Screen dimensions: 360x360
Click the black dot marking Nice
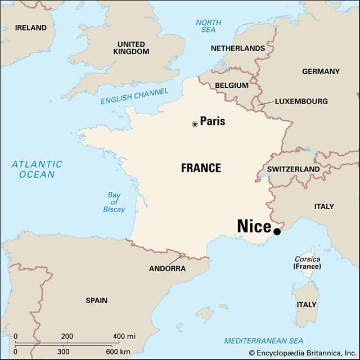point(277,231)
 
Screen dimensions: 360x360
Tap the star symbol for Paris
point(195,124)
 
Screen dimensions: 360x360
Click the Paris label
point(213,121)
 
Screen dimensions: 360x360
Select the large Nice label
point(254,226)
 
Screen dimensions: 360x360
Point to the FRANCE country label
point(201,168)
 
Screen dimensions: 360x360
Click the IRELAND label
point(31,27)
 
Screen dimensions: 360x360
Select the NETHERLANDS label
point(237,48)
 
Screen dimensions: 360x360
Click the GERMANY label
point(321,71)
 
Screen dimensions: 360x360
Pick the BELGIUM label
point(231,85)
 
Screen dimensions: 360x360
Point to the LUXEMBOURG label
point(301,102)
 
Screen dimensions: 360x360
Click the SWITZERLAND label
point(293,169)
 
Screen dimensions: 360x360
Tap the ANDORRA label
point(167,268)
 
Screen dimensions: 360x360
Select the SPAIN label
point(96,300)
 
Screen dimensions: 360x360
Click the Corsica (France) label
point(307,263)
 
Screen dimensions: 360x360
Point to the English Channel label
point(134,97)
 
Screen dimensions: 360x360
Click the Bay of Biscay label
point(114,202)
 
